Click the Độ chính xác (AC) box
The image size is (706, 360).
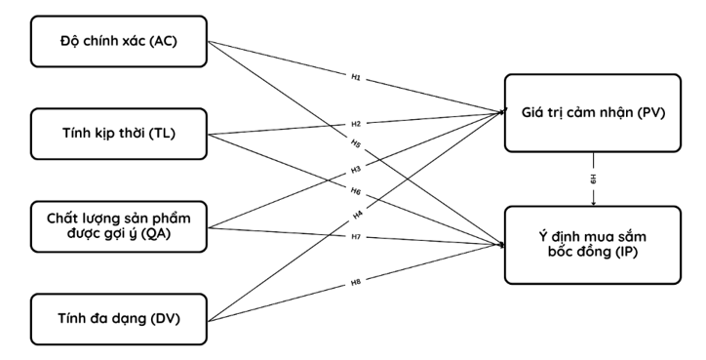pyautogui.click(x=119, y=41)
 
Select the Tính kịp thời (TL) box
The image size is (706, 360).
pyautogui.click(x=119, y=134)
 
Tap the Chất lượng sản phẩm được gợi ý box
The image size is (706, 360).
pyautogui.click(x=119, y=226)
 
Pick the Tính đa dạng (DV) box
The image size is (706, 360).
pyautogui.click(x=119, y=319)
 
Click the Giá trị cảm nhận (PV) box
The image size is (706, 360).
pyautogui.click(x=593, y=113)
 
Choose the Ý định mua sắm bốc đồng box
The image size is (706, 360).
pyautogui.click(x=593, y=245)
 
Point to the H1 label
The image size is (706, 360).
pyautogui.click(x=356, y=77)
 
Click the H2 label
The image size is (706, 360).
pyautogui.click(x=356, y=124)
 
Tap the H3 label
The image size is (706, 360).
pyautogui.click(x=356, y=170)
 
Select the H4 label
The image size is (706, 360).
pyautogui.click(x=358, y=216)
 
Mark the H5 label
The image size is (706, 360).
pyautogui.click(x=356, y=143)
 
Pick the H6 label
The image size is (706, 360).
pyautogui.click(x=356, y=191)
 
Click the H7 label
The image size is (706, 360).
pyautogui.click(x=356, y=237)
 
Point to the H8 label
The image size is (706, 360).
pyautogui.click(x=356, y=283)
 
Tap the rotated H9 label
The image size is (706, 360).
pyautogui.click(x=594, y=179)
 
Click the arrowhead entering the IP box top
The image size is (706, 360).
pyautogui.click(x=594, y=204)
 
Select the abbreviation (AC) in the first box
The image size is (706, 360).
pyautogui.click(x=164, y=41)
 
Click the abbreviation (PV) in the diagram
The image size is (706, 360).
pyautogui.click(x=651, y=112)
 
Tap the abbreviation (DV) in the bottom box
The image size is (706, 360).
pyautogui.click(x=166, y=319)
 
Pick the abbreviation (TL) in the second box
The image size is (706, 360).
pyautogui.click(x=162, y=134)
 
